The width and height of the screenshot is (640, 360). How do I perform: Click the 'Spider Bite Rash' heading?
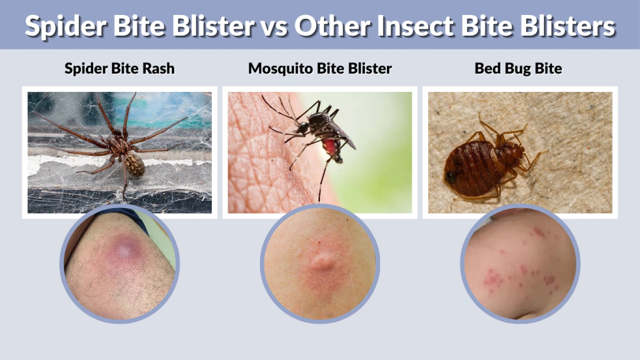tap(119, 69)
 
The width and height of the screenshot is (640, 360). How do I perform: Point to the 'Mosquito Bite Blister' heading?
tap(320, 69)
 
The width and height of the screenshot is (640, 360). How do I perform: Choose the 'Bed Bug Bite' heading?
tap(518, 69)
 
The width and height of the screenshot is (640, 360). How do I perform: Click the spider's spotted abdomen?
tap(133, 164)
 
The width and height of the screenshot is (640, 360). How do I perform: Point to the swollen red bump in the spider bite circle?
tap(124, 250)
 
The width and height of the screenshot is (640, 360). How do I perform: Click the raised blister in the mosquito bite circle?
tap(321, 259)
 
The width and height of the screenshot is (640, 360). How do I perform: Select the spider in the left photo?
tap(119, 144)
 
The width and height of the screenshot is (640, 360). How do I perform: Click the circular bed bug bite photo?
tap(520, 263)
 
